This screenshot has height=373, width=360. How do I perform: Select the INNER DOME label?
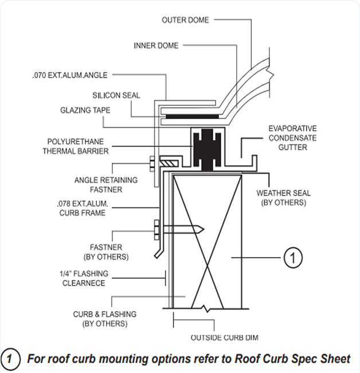pos(156,45)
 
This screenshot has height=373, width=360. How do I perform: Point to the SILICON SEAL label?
pos(116,95)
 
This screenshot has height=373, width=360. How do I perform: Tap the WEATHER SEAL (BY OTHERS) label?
pos(282,198)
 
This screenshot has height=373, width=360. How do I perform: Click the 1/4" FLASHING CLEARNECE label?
pos(83,278)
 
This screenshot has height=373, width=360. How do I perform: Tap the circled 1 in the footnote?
pos(11,359)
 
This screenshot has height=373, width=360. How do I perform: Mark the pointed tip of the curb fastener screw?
pos(202,230)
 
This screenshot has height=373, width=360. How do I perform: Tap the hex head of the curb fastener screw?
pos(156,230)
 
